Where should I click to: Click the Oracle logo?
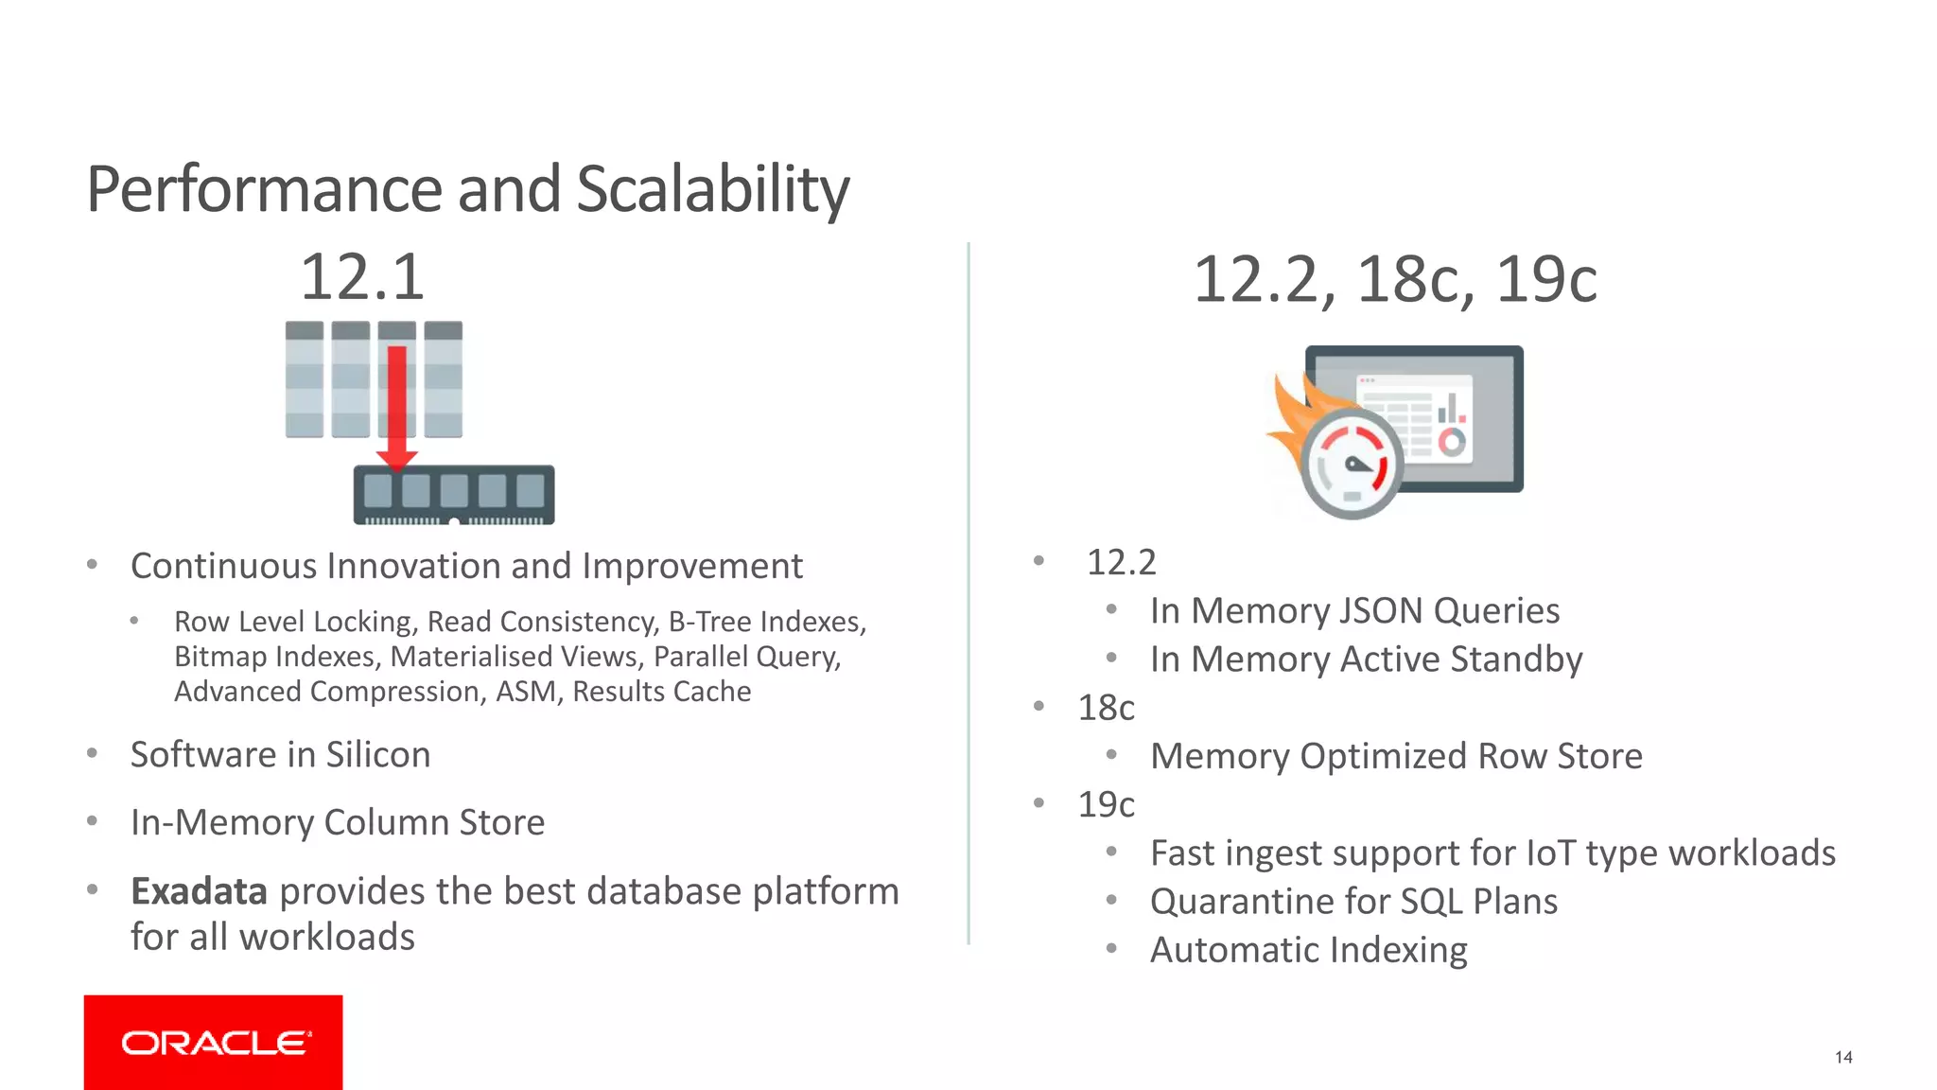pos(214,1043)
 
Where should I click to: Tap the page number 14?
pos(1843,1057)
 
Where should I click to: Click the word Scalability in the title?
pos(712,189)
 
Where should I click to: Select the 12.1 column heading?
pos(362,277)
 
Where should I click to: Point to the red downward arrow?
pos(397,407)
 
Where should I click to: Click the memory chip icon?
pos(454,494)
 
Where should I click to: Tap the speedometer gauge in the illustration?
pos(1352,466)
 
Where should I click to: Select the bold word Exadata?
pos(199,891)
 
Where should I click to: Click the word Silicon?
pos(378,755)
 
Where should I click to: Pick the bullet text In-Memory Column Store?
pos(338,822)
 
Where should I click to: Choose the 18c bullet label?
pos(1106,708)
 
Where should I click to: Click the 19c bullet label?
pos(1106,804)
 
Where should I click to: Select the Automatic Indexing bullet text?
pos(1308,950)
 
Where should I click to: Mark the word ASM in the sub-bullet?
pos(527,692)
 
